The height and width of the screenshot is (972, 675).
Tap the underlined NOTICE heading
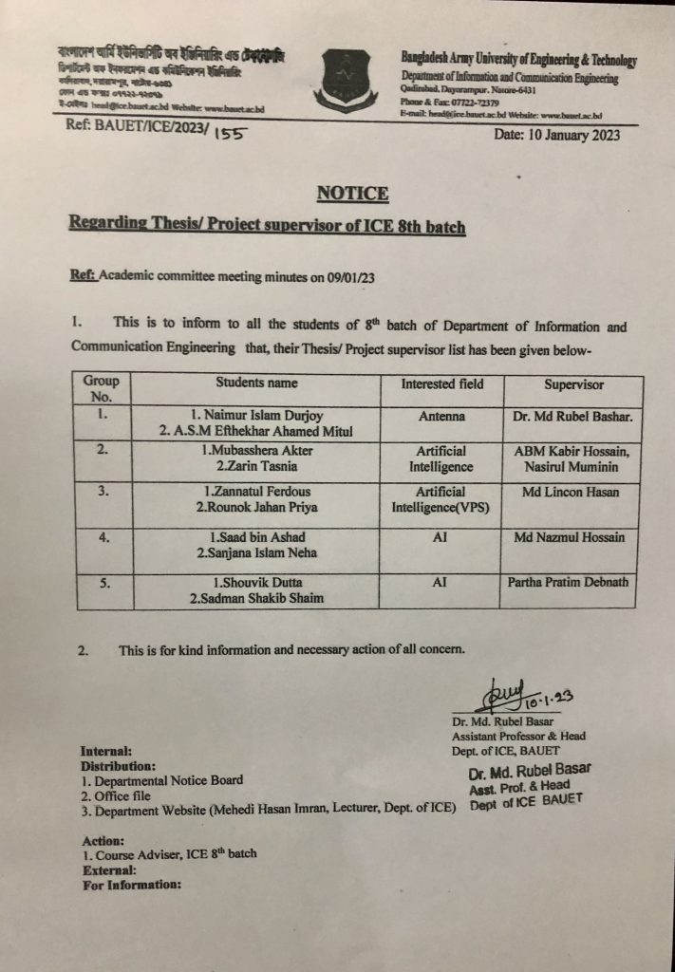click(x=352, y=194)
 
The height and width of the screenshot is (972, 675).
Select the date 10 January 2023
click(x=557, y=135)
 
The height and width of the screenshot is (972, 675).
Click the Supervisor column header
click(x=573, y=384)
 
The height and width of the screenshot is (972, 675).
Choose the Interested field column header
click(x=441, y=383)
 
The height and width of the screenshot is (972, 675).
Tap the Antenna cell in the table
click(x=441, y=416)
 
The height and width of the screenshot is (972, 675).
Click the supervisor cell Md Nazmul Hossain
click(x=570, y=538)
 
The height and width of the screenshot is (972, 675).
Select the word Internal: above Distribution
click(x=106, y=751)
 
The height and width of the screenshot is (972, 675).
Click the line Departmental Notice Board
click(x=161, y=780)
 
